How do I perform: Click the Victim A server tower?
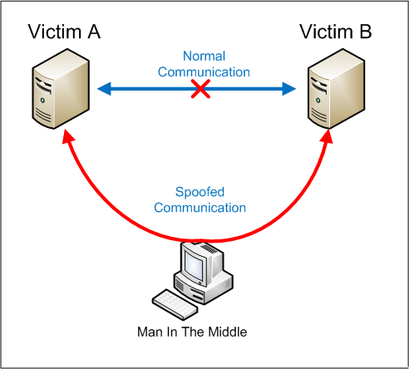61,89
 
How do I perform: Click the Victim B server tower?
337,89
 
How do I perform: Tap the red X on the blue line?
200,89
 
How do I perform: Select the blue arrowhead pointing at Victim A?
105,89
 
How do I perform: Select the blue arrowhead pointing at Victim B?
289,89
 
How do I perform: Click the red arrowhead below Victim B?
328,136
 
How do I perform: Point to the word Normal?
204,57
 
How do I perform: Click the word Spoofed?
200,192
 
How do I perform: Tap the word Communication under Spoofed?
200,208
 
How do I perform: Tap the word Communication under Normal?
204,72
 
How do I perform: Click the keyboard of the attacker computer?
175,304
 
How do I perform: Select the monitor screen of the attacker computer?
194,265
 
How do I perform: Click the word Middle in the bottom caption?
228,332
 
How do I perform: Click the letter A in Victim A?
94,32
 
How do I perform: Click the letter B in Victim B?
366,32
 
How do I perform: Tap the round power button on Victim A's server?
42,101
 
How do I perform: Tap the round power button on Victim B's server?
318,101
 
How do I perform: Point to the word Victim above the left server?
54,32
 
